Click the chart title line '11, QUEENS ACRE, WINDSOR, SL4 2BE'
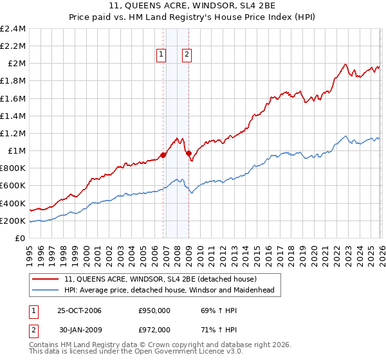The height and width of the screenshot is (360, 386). tap(192, 6)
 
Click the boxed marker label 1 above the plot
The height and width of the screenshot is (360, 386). tap(160, 55)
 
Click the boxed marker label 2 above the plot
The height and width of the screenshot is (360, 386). tap(187, 55)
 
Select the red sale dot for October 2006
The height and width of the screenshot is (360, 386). tap(163, 155)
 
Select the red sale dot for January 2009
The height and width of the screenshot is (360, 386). tap(188, 153)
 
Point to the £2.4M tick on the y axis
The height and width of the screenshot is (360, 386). tap(13, 29)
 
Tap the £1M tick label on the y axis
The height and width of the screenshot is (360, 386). tap(16, 151)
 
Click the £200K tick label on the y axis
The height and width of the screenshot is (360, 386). tap(13, 221)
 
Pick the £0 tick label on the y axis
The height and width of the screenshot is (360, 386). tap(21, 239)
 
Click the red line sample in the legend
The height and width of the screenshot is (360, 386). tap(46, 280)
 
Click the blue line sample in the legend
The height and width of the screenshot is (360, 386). tap(46, 291)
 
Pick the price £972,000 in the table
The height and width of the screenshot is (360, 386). tap(156, 329)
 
